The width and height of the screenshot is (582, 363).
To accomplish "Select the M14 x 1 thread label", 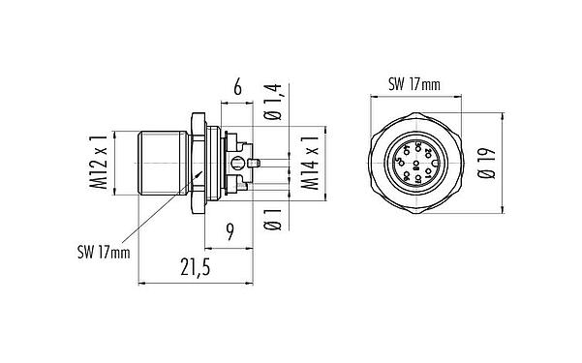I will pyautogui.click(x=312, y=166).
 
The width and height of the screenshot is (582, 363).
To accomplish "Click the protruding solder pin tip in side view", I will pyautogui.click(x=257, y=161).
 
